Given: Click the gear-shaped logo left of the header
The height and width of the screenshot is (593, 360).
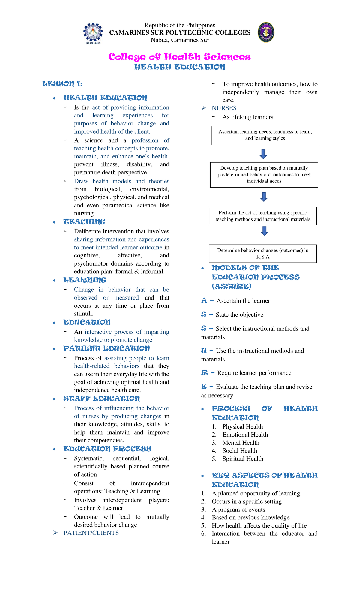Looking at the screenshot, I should (93, 32).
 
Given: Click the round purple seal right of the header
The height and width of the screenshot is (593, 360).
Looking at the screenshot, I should (266, 32).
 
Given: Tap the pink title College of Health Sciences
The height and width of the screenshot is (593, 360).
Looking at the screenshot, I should (180, 57).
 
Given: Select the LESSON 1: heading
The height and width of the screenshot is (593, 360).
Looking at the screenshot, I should (62, 84).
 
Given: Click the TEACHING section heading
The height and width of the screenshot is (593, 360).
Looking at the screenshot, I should (84, 222).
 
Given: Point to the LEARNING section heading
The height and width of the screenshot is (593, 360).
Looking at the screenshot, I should (85, 280).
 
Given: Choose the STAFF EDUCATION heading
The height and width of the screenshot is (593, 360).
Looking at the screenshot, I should (102, 399).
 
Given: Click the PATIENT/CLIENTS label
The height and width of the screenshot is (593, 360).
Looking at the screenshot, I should (91, 533).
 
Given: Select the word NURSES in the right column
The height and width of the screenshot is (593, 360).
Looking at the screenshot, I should (224, 108).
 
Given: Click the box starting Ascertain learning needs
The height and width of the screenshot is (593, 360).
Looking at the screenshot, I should (265, 135).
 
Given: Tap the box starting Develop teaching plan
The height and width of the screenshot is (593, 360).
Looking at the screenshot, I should (264, 175).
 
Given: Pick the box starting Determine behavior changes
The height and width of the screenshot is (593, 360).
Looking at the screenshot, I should (263, 254).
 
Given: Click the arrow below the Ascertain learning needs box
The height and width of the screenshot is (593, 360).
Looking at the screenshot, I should (263, 154).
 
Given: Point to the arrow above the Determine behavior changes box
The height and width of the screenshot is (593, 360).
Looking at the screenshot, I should (264, 231).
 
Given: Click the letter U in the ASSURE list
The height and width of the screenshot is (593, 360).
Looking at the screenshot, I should (204, 351).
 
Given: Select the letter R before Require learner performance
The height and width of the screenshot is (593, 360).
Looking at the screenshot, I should (204, 373).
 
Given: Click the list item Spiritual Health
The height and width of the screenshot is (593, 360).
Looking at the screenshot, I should (243, 459).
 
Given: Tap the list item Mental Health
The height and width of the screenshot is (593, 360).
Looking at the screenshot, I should (241, 443).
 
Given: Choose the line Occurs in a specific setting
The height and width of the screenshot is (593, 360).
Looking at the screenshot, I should (247, 501).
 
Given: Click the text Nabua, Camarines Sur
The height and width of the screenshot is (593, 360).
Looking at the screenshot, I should (180, 40).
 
